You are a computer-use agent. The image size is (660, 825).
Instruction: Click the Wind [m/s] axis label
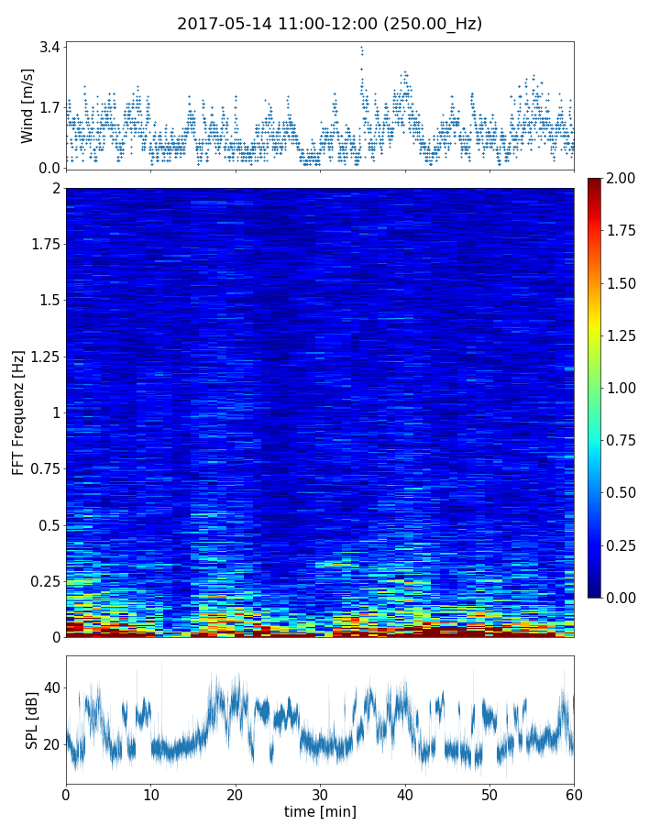click(x=27, y=105)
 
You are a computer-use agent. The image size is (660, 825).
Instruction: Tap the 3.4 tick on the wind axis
click(x=50, y=47)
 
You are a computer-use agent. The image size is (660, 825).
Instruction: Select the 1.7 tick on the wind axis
click(x=50, y=107)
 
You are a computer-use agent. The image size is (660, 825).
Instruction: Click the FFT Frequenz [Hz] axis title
click(x=18, y=412)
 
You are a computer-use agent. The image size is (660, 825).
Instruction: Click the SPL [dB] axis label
click(x=32, y=720)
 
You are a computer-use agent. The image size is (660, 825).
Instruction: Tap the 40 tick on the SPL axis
click(x=50, y=687)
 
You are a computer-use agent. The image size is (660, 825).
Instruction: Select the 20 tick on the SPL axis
click(x=50, y=743)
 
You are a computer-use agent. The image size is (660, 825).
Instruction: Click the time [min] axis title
click(x=320, y=811)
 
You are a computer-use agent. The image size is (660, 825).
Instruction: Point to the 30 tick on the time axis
click(x=320, y=792)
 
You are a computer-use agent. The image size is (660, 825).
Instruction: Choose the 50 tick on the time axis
click(x=489, y=792)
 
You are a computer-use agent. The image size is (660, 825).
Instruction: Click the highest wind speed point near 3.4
click(x=361, y=47)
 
